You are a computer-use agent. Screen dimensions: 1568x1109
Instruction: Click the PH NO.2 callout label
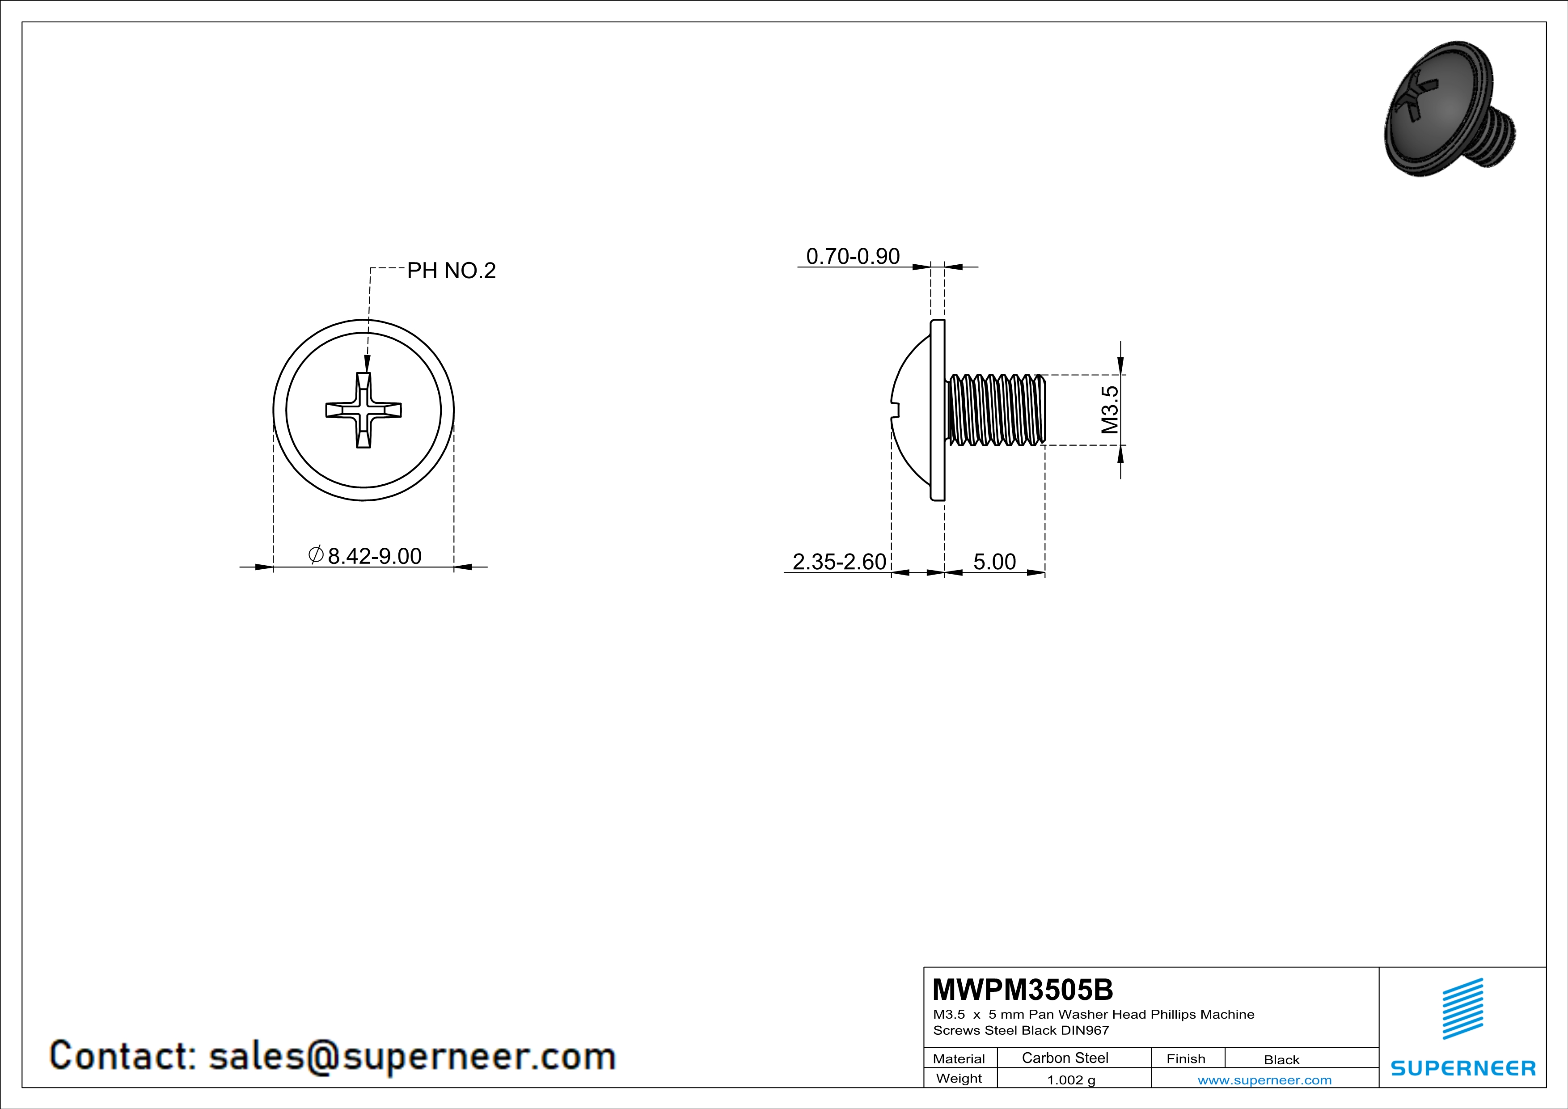click(452, 271)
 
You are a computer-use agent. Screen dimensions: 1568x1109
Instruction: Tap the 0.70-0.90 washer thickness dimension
click(853, 256)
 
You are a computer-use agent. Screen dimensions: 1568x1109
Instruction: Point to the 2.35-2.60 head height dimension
click(839, 561)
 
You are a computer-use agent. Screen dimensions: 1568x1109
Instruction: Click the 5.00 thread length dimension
click(994, 561)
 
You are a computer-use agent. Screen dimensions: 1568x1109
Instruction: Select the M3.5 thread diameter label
click(1110, 410)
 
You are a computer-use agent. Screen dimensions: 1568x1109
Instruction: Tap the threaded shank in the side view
click(996, 410)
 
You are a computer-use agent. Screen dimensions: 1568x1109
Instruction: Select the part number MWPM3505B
click(1023, 989)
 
